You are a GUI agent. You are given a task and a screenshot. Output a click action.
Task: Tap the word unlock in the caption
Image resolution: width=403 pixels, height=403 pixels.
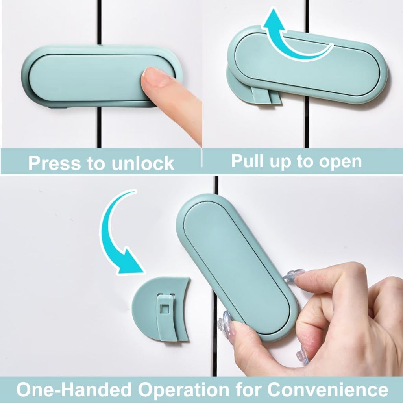(143, 163)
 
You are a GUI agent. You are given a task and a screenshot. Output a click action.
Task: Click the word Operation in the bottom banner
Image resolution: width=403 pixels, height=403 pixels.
(183, 390)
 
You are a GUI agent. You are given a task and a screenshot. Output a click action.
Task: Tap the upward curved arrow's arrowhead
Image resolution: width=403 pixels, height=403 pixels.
(274, 20)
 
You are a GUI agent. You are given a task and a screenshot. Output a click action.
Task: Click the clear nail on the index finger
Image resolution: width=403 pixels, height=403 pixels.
(293, 275)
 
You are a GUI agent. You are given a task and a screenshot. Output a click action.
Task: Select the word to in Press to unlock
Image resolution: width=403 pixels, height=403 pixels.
(97, 163)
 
